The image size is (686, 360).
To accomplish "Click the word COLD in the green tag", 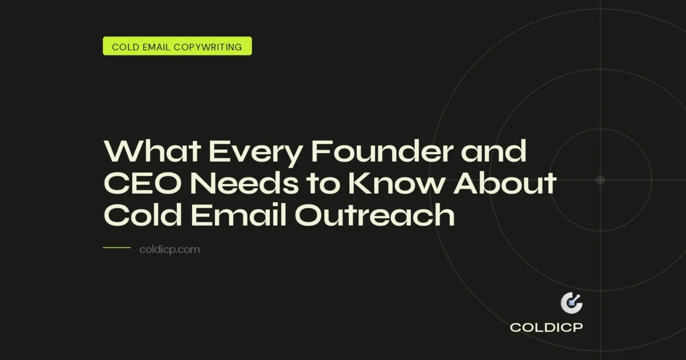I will click(x=124, y=47).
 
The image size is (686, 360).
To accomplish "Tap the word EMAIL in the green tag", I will click(x=155, y=47).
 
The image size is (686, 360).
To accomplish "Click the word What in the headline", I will click(x=150, y=152).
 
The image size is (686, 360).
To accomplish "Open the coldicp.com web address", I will click(x=170, y=250).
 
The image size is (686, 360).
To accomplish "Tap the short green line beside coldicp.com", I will click(x=117, y=248).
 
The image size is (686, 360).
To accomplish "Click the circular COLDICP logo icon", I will click(x=571, y=303).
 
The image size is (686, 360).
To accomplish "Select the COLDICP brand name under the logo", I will click(x=547, y=328).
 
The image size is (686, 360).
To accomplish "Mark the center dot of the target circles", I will click(x=600, y=180).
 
